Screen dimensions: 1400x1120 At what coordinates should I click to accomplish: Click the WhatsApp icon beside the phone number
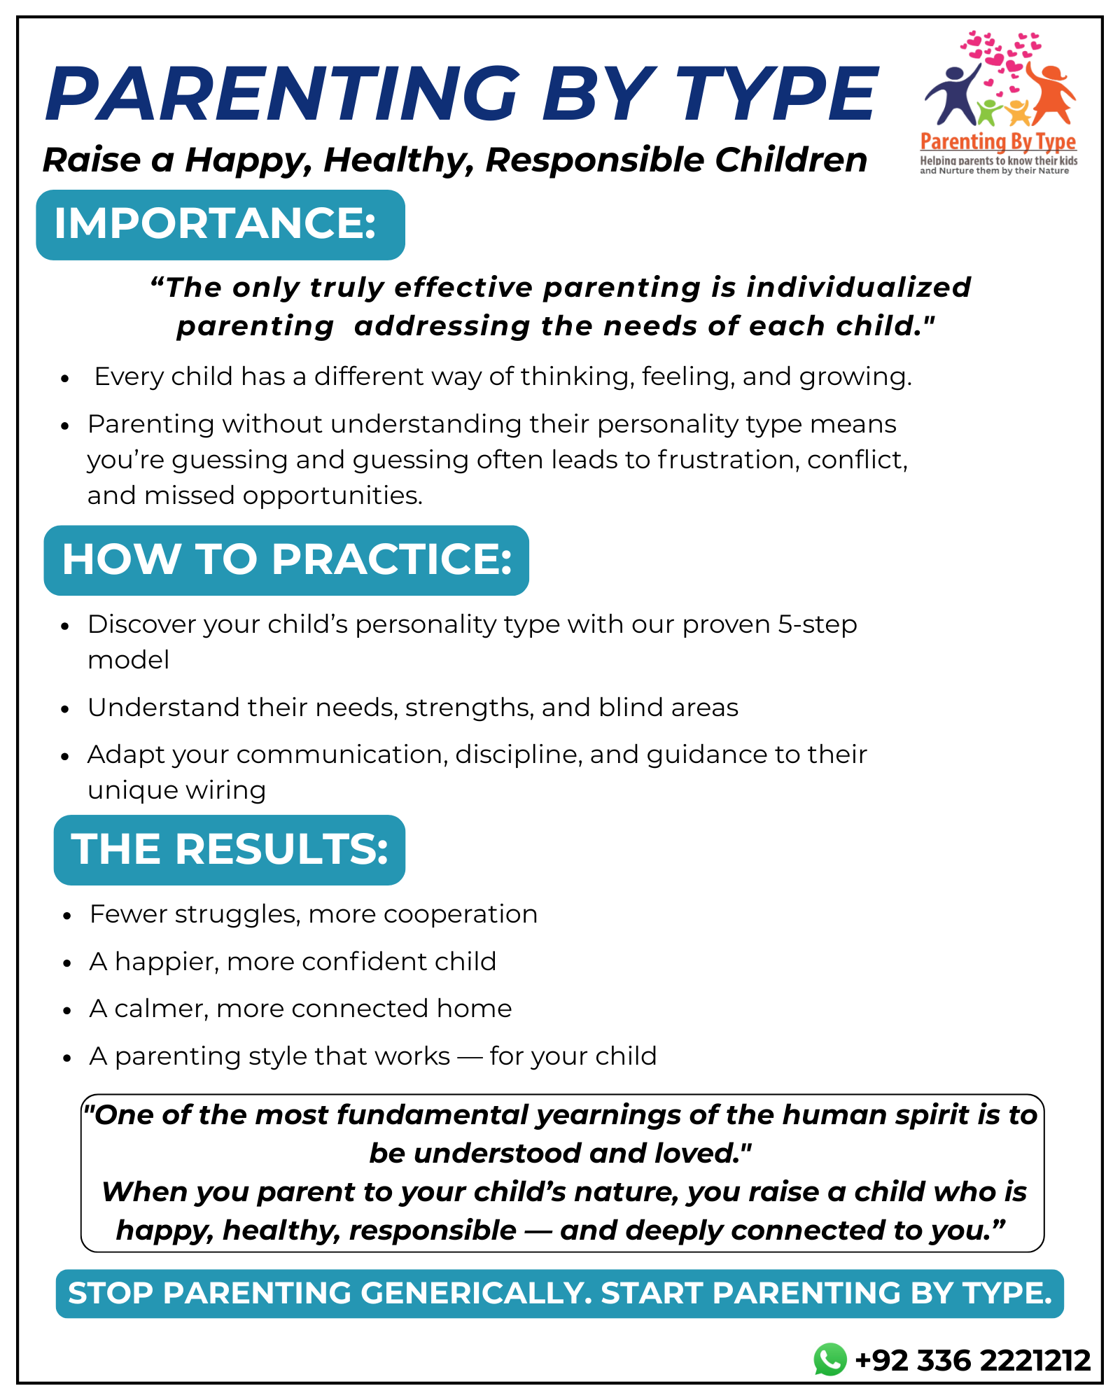[830, 1359]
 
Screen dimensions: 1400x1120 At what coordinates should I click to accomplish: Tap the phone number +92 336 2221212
[973, 1360]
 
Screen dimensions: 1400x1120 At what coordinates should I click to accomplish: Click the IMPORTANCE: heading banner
[220, 225]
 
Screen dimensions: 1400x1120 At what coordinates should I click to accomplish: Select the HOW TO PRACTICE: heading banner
[286, 560]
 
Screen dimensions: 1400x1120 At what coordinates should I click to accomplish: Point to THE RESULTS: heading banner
[229, 849]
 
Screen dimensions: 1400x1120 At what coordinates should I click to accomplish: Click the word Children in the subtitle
[790, 160]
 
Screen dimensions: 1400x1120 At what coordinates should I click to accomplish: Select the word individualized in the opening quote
[858, 288]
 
